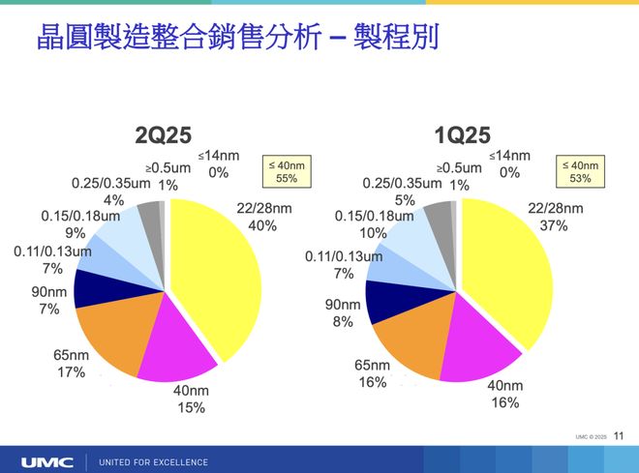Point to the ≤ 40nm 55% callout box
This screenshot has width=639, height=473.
[x=286, y=172]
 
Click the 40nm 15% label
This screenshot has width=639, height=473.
[x=190, y=399]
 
